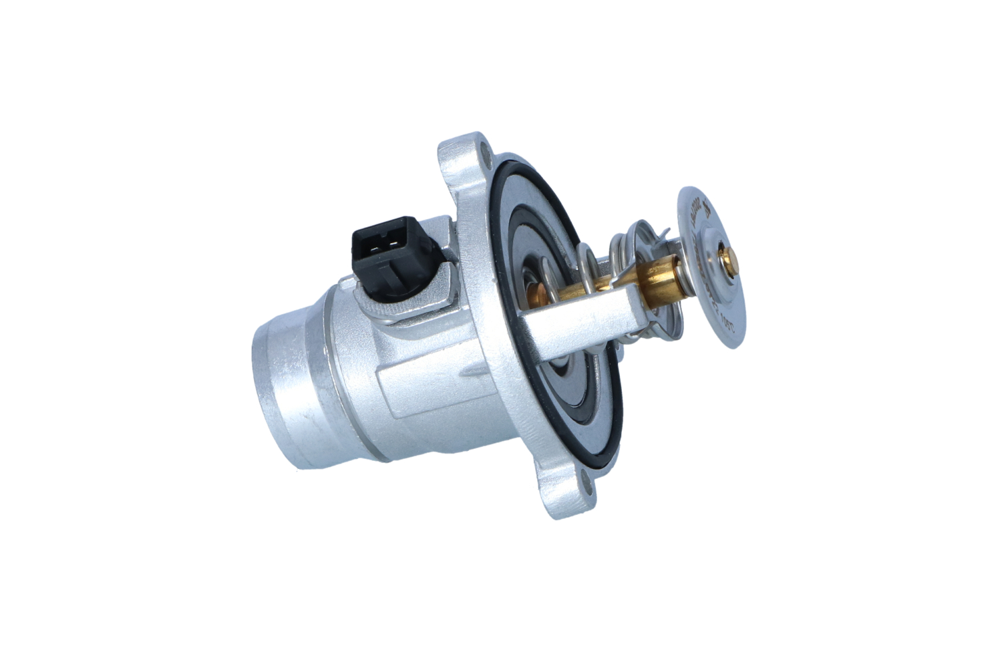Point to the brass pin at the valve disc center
(x=725, y=257)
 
